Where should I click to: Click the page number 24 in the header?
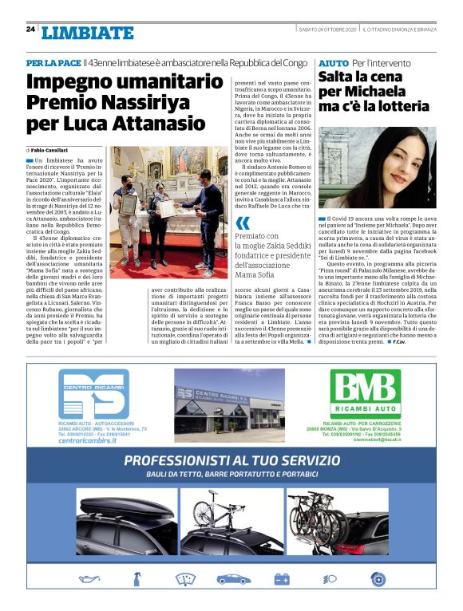[30, 29]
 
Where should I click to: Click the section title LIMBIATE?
[88, 33]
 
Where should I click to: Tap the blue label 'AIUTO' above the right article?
[333, 62]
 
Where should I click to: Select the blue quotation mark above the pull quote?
[243, 223]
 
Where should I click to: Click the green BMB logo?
[365, 394]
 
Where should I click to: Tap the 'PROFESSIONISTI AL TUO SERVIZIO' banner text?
[231, 460]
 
